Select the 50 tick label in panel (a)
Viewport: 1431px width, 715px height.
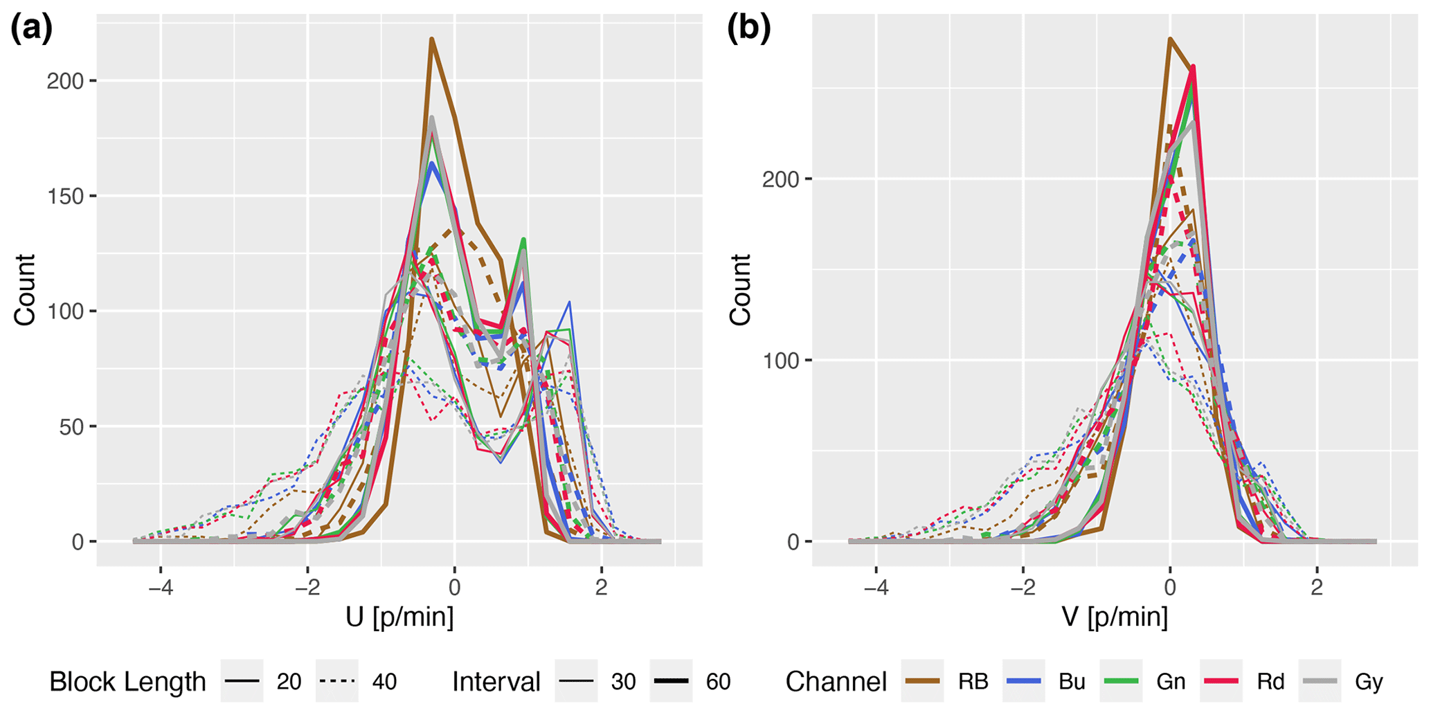(x=71, y=427)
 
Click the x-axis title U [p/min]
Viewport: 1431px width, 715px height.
(x=399, y=616)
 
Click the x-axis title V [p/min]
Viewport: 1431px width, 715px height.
(x=1115, y=616)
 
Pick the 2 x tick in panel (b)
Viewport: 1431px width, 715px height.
(x=1316, y=588)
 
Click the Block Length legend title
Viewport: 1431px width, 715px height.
(x=127, y=682)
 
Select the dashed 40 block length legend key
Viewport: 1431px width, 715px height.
(x=337, y=682)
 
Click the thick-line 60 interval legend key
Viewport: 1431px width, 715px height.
(x=671, y=682)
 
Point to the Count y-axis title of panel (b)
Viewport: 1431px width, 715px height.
(x=740, y=289)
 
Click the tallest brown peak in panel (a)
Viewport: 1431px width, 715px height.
(x=431, y=39)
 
